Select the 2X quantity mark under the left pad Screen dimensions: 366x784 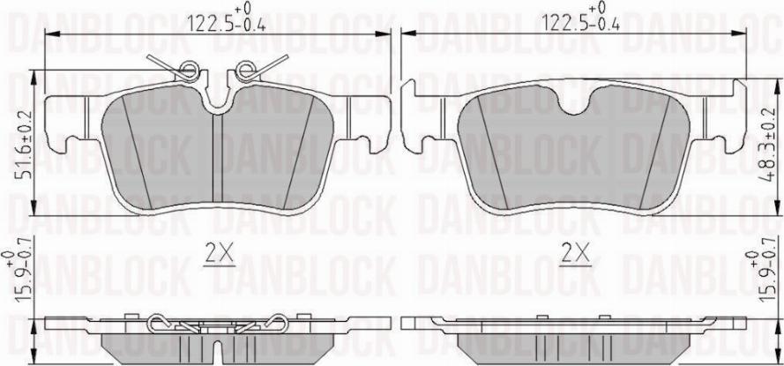pos(218,255)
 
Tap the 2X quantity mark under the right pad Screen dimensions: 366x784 pos(575,255)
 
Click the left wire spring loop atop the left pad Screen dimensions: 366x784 pos(187,70)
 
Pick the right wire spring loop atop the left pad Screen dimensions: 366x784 pos(247,70)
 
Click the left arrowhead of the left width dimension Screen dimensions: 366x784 pos(49,34)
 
